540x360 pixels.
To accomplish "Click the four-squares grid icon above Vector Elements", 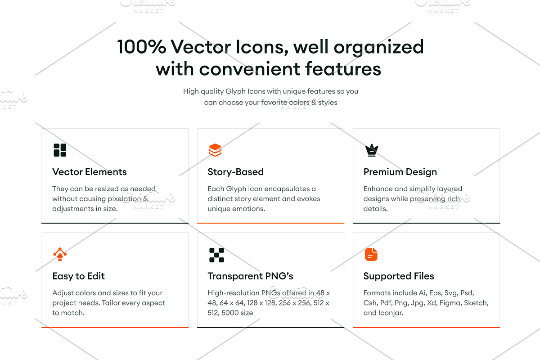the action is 60,150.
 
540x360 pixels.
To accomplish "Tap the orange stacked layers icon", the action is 215,150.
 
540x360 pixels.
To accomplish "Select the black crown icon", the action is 372,150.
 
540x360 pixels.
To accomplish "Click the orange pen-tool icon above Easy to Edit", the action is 60,254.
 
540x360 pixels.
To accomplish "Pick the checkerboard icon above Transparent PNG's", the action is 216,255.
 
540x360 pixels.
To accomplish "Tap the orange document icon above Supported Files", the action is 371,254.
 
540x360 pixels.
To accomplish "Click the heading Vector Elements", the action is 90,172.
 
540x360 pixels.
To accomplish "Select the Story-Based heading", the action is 235,172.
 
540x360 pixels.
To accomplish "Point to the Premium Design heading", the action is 400,172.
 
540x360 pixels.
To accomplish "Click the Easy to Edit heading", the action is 79,276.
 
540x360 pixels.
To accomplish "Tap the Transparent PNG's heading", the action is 251,276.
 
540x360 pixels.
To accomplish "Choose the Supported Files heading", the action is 399,276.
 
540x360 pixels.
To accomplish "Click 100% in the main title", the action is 141,46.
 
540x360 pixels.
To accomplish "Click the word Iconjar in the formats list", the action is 391,313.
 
